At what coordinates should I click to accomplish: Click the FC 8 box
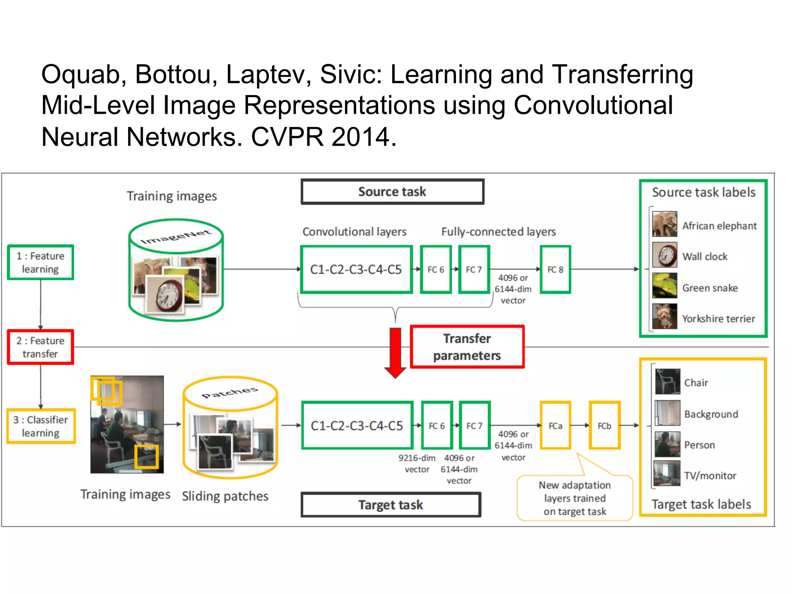tap(555, 270)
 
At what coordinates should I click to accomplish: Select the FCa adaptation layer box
tap(555, 425)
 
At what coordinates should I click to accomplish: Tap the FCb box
tap(604, 425)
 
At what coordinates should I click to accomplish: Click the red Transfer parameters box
tap(467, 347)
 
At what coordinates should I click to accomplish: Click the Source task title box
tap(392, 191)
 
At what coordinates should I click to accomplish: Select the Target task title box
tap(391, 505)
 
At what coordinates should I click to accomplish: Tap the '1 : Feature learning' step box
tap(41, 262)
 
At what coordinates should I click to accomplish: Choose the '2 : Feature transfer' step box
tap(40, 347)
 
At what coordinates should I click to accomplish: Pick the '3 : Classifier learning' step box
tap(41, 426)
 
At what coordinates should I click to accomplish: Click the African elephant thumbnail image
tap(664, 224)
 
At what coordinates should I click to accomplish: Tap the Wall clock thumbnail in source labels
tap(664, 255)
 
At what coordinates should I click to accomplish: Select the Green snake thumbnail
tap(664, 286)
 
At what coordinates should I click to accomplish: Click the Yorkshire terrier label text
tap(718, 319)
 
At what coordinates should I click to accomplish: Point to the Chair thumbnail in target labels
tap(667, 381)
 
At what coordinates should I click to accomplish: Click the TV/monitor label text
tap(710, 476)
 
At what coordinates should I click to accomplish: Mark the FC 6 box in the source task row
tap(436, 270)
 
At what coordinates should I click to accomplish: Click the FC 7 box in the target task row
tap(475, 425)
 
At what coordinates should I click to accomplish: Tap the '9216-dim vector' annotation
tap(417, 463)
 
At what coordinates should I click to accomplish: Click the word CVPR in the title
tap(287, 137)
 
